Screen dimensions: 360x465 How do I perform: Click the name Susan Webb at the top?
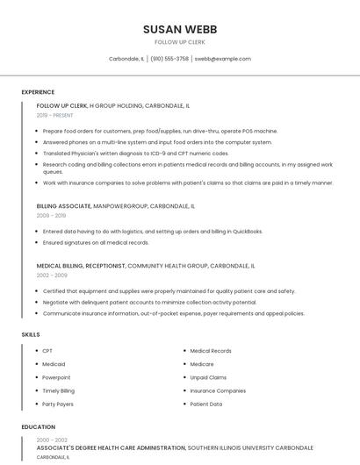180,29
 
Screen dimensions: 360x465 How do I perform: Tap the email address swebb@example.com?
222,59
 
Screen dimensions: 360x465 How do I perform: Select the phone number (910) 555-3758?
169,59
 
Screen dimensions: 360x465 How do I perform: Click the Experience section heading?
38,92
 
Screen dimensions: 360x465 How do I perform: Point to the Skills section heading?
31,334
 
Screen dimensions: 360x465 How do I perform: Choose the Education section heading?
39,427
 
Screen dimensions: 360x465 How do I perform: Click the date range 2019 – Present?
55,115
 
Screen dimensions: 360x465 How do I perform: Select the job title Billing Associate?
63,206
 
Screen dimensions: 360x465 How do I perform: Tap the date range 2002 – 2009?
51,275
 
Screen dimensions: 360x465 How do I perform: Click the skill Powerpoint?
57,377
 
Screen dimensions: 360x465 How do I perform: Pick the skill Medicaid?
54,364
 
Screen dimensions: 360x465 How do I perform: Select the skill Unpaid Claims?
208,377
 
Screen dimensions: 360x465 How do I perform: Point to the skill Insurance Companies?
218,390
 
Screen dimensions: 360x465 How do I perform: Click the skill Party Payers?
58,404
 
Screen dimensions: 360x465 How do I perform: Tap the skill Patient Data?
206,404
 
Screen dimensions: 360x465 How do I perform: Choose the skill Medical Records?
211,351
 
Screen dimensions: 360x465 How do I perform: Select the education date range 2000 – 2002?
52,440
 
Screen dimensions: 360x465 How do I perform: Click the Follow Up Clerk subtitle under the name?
180,42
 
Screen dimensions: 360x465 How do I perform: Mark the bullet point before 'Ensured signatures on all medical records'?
37,243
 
